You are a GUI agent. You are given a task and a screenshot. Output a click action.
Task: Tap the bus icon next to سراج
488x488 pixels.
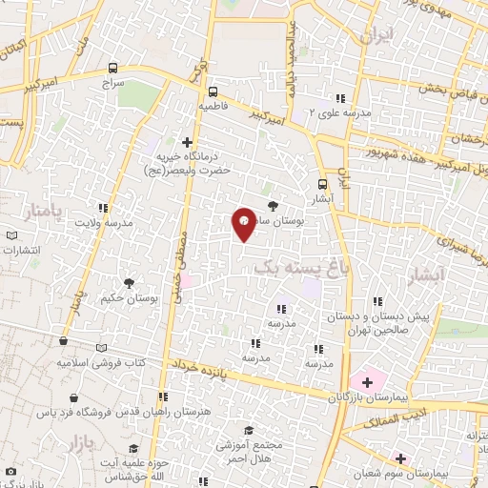(x=113, y=68)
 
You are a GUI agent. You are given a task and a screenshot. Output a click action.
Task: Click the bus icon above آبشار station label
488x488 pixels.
(x=320, y=186)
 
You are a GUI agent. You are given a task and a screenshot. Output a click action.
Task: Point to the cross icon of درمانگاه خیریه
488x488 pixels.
(x=187, y=142)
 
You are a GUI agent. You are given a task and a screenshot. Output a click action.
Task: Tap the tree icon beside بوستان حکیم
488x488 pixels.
(x=129, y=283)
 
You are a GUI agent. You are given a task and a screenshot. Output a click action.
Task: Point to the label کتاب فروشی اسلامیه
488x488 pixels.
(x=100, y=363)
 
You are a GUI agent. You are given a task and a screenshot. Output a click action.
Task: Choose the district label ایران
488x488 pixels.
(x=376, y=36)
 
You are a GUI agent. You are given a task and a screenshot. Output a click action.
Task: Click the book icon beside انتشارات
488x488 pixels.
(x=11, y=235)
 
